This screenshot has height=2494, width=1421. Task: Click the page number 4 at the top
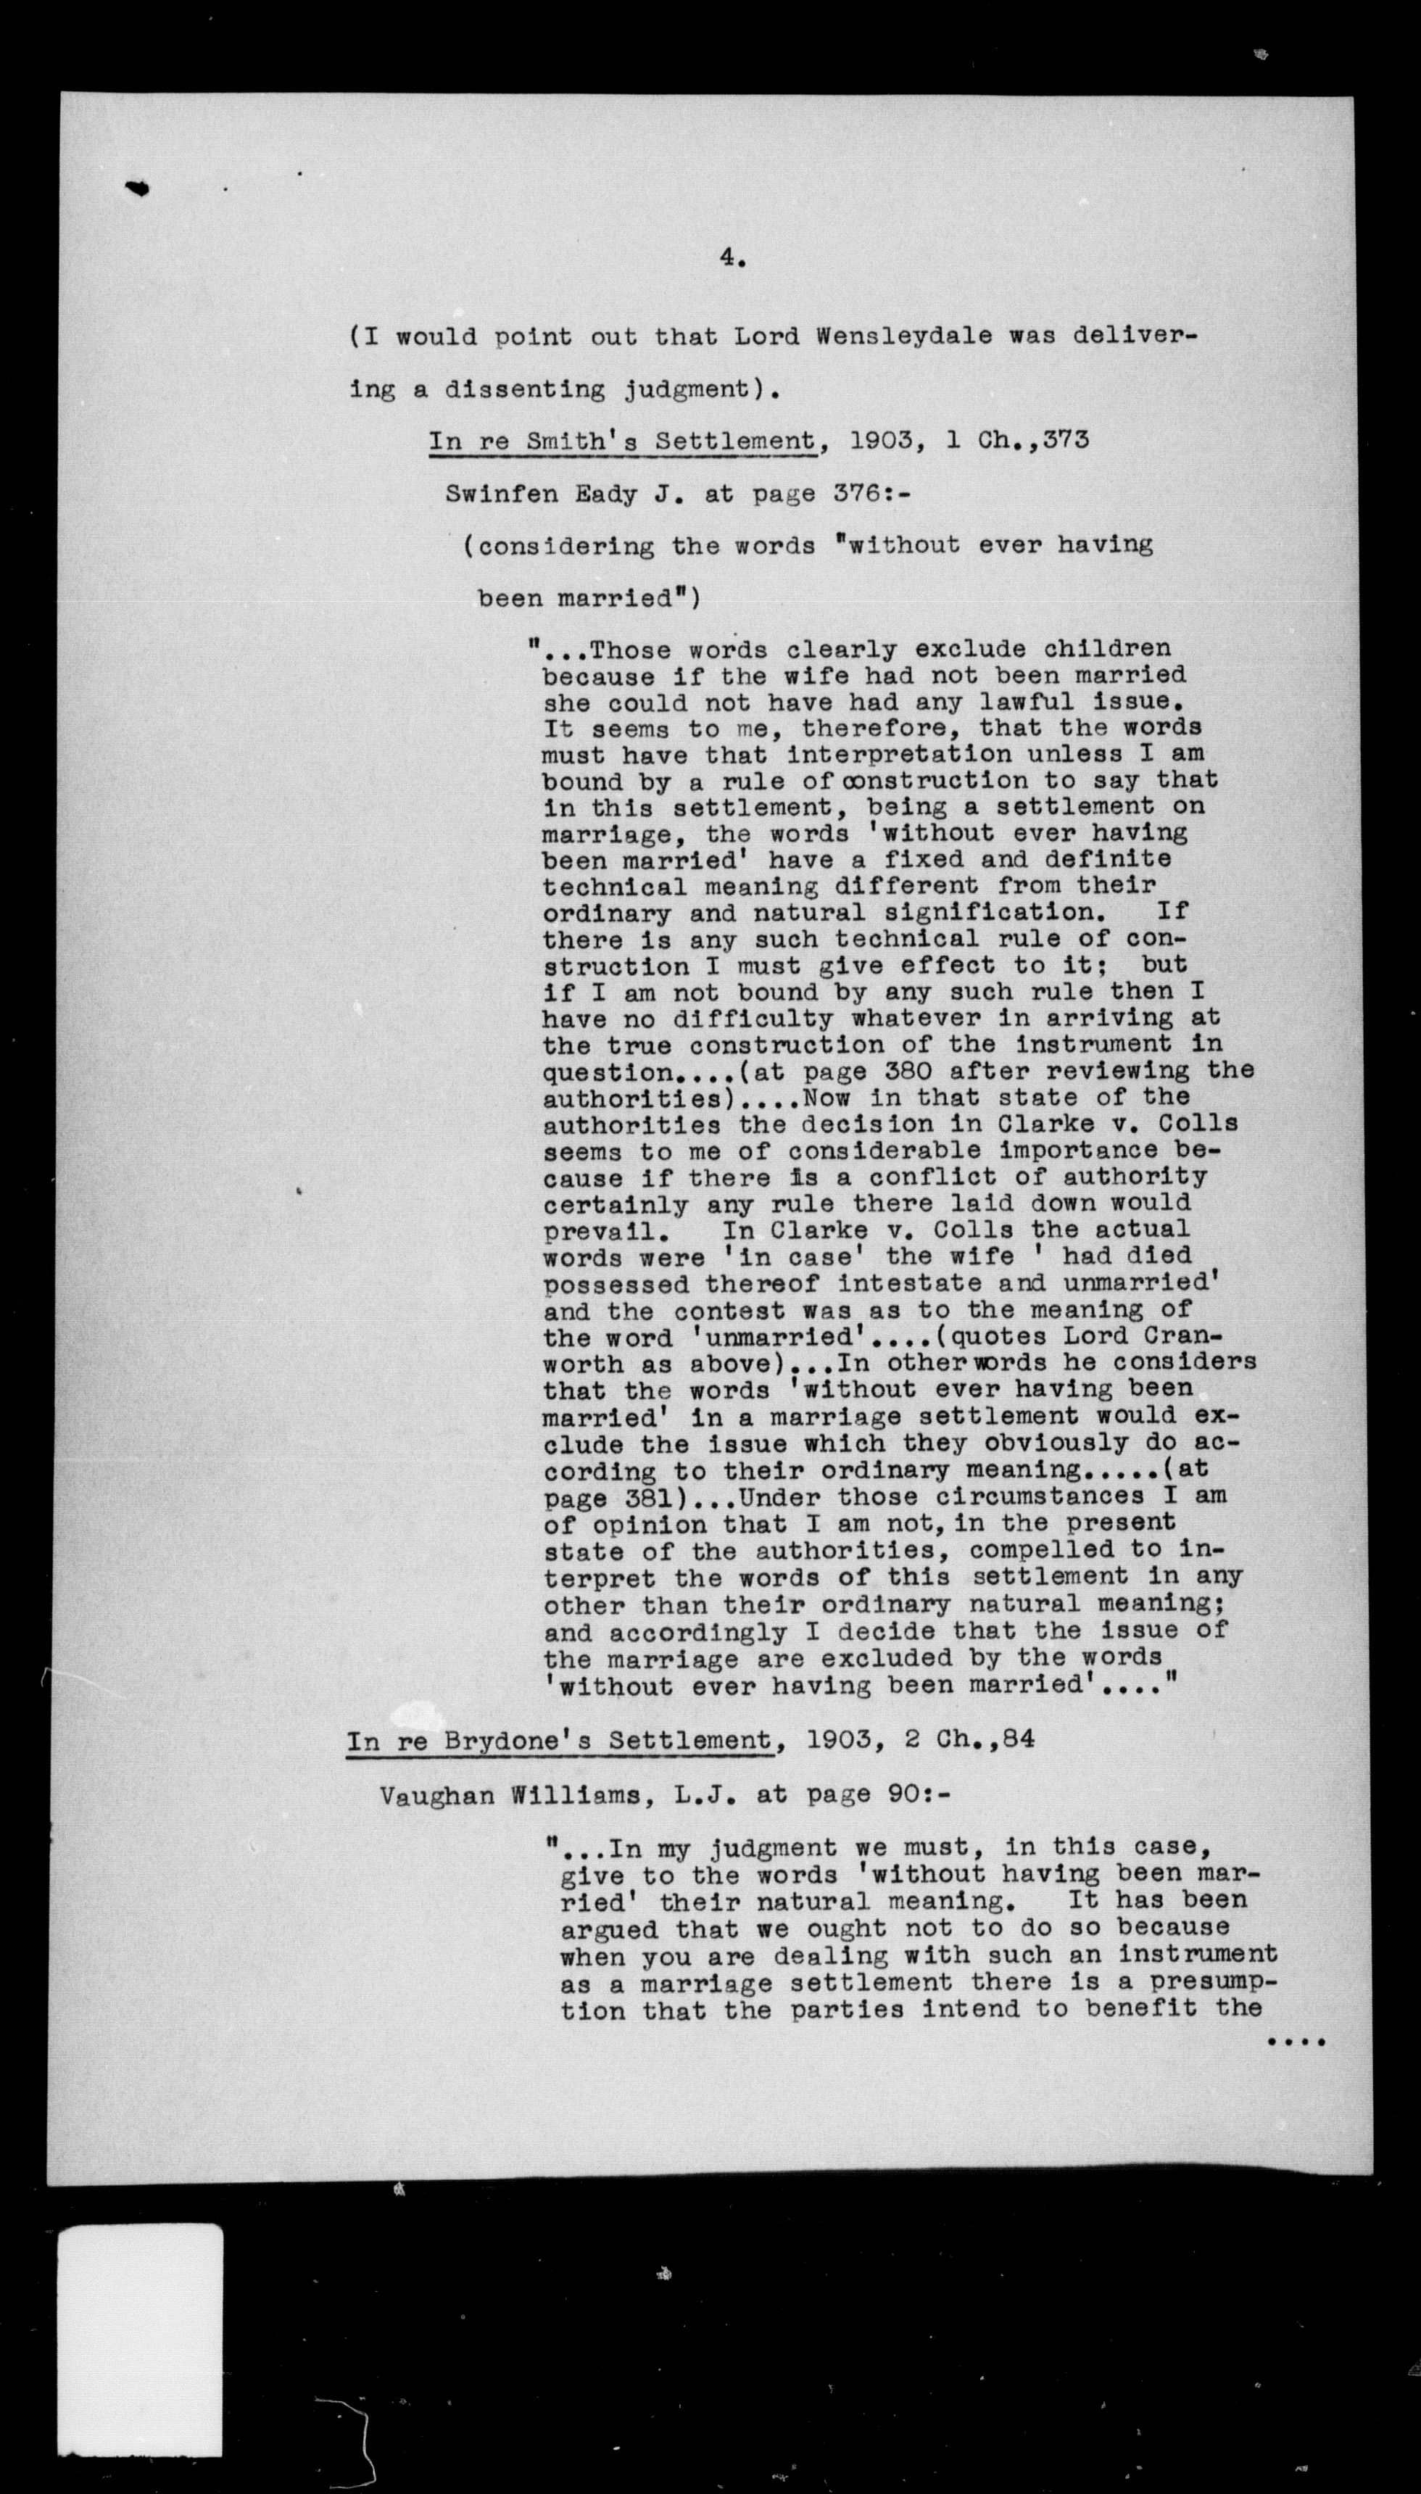click(x=731, y=257)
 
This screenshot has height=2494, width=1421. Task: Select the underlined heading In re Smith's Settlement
click(x=623, y=441)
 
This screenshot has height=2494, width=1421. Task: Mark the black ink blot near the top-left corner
click(x=138, y=188)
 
